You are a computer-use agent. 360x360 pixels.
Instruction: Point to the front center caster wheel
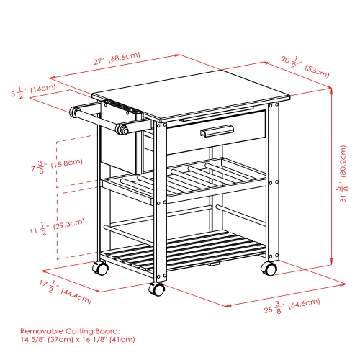pyautogui.click(x=156, y=289)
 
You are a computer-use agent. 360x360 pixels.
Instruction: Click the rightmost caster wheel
pyautogui.click(x=269, y=269)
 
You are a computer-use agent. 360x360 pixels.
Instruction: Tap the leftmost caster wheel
pyautogui.click(x=100, y=269)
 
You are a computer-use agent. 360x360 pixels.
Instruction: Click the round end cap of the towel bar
pyautogui.click(x=122, y=130)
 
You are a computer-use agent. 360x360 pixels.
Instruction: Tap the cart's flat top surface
pyautogui.click(x=189, y=89)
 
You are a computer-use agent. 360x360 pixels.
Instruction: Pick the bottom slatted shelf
pyautogui.click(x=184, y=248)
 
